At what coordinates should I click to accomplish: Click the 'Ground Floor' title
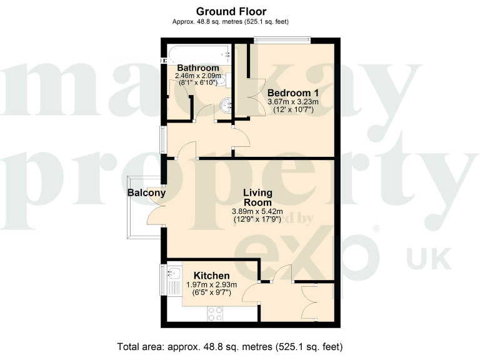pyautogui.click(x=231, y=11)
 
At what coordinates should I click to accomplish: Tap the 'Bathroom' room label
pyautogui.click(x=197, y=67)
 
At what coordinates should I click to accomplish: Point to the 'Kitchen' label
pyautogui.click(x=211, y=276)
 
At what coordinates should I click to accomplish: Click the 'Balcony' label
pyautogui.click(x=146, y=193)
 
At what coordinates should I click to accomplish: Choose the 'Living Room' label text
pyautogui.click(x=257, y=197)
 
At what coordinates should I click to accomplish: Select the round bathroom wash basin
pyautogui.click(x=226, y=106)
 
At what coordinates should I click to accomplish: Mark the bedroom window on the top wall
pyautogui.click(x=281, y=41)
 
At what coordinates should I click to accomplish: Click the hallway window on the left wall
pyautogui.click(x=163, y=139)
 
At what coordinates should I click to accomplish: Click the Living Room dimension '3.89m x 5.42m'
pyautogui.click(x=257, y=211)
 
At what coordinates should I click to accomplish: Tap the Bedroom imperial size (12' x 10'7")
pyautogui.click(x=293, y=110)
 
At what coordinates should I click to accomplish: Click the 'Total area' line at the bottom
pyautogui.click(x=230, y=346)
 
